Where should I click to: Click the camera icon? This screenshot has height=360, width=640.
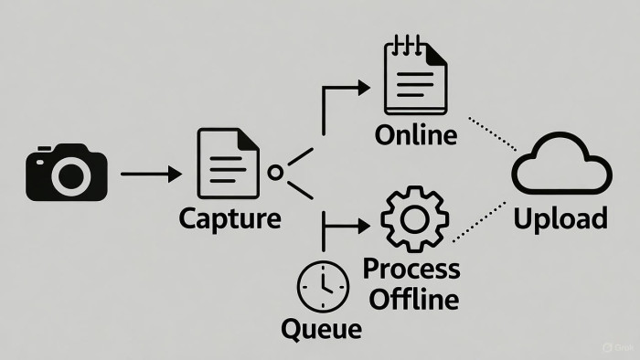pos(67,171)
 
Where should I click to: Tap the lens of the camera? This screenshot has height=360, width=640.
pos(69,176)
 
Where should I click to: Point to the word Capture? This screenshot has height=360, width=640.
pos(230,220)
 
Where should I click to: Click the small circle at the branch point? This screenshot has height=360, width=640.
pos(274,172)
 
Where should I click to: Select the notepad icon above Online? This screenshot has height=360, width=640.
pos(416,79)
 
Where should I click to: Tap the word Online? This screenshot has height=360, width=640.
pos(416,135)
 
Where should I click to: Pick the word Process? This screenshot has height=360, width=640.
pos(411,270)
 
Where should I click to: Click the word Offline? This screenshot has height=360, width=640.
pos(411,297)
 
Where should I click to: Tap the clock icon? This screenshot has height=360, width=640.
pos(322,285)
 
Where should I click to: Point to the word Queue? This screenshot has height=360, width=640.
pos(322,327)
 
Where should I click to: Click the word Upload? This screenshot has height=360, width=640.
pos(560,219)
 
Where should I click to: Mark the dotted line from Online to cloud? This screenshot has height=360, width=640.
pos(492,133)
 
